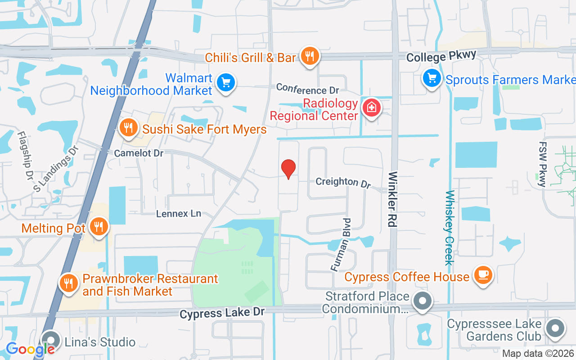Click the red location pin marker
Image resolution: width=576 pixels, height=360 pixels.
(x=288, y=169)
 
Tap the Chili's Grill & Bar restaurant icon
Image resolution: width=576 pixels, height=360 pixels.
(x=310, y=56)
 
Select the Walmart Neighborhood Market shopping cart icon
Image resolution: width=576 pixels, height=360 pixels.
(x=225, y=83)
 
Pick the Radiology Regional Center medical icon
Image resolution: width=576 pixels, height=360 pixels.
(x=372, y=108)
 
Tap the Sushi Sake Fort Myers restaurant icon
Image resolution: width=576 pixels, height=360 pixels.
(x=129, y=128)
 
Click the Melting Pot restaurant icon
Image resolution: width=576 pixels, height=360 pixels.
(x=98, y=226)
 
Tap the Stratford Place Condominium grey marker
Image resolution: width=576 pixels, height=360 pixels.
(x=422, y=301)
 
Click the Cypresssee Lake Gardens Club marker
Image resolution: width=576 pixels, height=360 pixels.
(x=555, y=328)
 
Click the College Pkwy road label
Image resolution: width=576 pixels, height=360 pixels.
(x=441, y=57)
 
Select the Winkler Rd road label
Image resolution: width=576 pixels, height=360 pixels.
(x=392, y=199)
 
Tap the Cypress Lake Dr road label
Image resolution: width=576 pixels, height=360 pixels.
(x=222, y=312)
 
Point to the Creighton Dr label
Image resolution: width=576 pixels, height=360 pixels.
(x=343, y=182)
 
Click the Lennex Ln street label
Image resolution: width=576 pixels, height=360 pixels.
(x=179, y=213)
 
